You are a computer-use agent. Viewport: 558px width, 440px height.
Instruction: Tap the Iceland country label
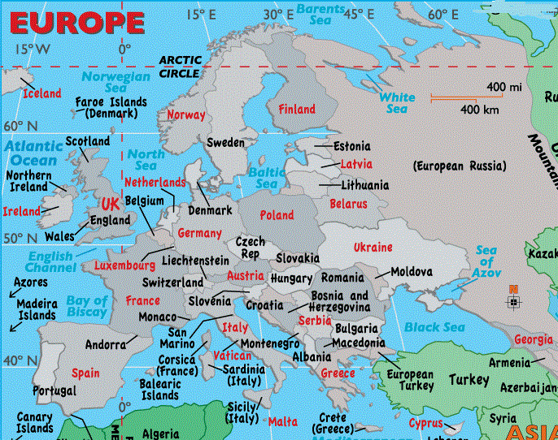click(x=42, y=93)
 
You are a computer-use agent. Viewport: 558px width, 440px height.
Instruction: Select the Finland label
click(x=297, y=109)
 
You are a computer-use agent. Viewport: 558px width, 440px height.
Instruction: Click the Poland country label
click(x=277, y=215)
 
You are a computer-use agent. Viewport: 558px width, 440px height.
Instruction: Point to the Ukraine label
click(x=373, y=247)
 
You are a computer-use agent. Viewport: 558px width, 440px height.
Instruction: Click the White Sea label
click(x=396, y=103)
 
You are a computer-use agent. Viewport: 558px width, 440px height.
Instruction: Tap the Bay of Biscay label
click(x=87, y=306)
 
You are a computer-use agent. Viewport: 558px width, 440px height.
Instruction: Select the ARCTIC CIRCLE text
click(x=180, y=67)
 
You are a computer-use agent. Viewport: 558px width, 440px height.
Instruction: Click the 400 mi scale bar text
click(x=504, y=87)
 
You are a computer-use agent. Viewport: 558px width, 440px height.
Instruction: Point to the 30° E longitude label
click(x=278, y=14)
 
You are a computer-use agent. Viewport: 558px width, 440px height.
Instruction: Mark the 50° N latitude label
click(x=20, y=239)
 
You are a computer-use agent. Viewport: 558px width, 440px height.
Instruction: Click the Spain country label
click(x=85, y=373)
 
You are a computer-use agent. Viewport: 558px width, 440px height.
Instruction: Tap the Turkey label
click(x=469, y=380)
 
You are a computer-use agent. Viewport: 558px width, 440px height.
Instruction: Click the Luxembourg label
click(x=124, y=265)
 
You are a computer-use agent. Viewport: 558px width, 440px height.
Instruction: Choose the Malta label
click(x=283, y=421)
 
